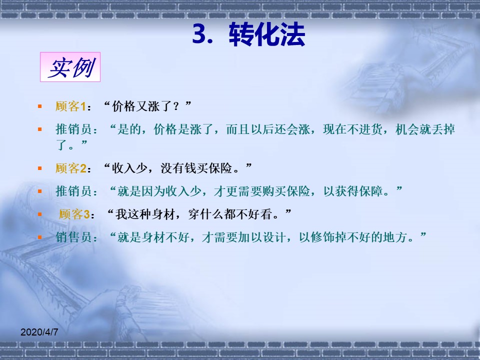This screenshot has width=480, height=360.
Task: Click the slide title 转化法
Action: [267, 34]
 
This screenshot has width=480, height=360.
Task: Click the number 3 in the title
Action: [199, 34]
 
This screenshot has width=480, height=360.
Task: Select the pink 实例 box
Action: [70, 67]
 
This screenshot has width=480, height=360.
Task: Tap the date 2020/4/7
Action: [39, 332]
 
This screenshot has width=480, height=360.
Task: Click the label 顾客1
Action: [70, 106]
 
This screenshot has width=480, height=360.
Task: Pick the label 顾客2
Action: [70, 168]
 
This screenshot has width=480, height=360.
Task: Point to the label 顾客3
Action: [74, 214]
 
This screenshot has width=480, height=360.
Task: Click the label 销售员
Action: [74, 237]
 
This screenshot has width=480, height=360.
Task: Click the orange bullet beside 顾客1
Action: [40, 106]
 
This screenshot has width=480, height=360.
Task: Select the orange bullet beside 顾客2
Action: [40, 168]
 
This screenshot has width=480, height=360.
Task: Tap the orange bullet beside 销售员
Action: [40, 237]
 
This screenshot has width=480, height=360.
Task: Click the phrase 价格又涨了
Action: [141, 106]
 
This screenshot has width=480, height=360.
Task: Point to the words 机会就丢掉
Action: [425, 129]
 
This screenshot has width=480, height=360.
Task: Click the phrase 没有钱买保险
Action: [196, 168]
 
